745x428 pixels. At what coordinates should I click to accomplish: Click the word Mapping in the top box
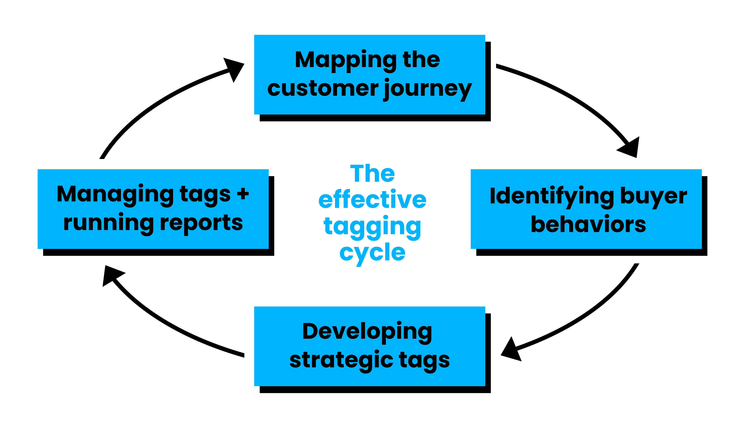[346, 61]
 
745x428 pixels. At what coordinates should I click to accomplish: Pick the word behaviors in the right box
[588, 224]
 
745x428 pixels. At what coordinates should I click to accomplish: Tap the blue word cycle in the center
[372, 253]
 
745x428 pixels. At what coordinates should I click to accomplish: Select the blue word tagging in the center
[372, 228]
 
